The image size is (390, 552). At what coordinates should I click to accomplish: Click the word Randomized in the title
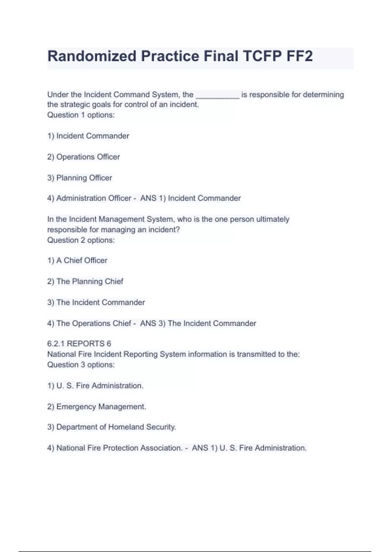(x=92, y=56)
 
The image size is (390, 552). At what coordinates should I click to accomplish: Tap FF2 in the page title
(x=299, y=56)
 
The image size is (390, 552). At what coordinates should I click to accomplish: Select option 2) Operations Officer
(x=84, y=157)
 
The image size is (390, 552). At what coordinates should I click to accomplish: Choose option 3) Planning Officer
(x=80, y=178)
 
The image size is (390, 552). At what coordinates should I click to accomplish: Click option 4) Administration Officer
(x=89, y=198)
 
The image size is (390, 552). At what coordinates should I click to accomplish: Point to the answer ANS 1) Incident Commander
(x=190, y=198)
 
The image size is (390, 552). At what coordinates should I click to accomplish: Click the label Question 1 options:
(x=81, y=115)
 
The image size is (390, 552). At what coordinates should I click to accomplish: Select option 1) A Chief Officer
(x=77, y=260)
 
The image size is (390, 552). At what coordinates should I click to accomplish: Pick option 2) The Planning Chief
(x=85, y=282)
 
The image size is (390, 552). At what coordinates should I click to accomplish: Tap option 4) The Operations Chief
(x=89, y=323)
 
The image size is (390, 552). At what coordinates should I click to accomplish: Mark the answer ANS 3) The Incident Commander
(x=198, y=323)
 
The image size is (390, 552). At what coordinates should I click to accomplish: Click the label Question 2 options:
(x=81, y=240)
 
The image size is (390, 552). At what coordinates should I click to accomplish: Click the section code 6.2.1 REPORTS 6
(x=79, y=344)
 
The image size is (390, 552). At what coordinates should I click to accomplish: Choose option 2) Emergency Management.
(x=97, y=407)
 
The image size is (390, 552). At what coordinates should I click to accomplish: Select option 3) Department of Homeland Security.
(x=111, y=427)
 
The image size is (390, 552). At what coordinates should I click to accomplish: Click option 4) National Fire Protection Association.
(x=115, y=448)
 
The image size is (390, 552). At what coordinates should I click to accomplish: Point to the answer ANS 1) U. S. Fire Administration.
(x=249, y=448)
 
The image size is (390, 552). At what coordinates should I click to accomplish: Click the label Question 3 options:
(x=81, y=365)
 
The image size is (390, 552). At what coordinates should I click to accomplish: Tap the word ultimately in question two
(x=273, y=219)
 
